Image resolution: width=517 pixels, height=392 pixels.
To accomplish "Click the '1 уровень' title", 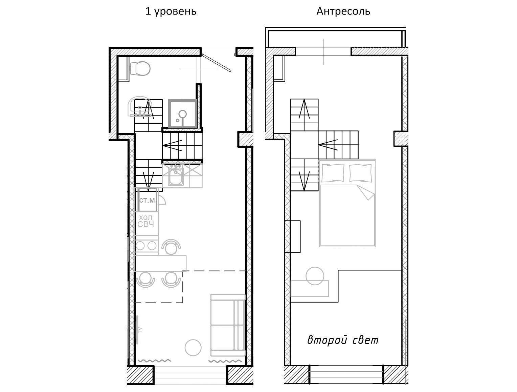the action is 171,11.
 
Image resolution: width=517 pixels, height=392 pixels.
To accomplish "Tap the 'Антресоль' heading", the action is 343,11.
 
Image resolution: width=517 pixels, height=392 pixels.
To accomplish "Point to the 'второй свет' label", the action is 343,340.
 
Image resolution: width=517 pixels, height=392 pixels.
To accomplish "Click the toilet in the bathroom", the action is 140,69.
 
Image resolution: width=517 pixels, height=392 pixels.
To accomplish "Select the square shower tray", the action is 182,114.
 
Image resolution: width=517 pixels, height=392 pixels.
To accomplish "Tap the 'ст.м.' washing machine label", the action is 148,200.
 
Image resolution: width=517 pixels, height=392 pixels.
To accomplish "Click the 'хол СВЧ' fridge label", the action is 145,221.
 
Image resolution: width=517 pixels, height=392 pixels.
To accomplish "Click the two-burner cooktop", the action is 146,246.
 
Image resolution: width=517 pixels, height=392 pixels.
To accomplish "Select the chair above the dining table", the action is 171,247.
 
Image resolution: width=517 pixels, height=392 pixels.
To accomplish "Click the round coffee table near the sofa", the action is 193,347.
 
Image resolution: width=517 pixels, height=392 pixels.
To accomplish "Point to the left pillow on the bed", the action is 333,173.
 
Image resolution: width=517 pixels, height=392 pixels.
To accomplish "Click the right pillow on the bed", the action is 360,173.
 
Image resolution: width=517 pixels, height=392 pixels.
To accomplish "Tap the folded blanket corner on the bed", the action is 366,192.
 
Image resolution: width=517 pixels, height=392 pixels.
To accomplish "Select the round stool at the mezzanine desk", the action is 315,276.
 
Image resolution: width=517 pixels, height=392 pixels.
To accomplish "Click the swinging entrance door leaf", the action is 217,62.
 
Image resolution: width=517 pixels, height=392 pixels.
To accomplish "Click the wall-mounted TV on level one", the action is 137,330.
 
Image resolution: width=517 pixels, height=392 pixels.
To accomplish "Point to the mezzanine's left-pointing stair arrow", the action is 328,145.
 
